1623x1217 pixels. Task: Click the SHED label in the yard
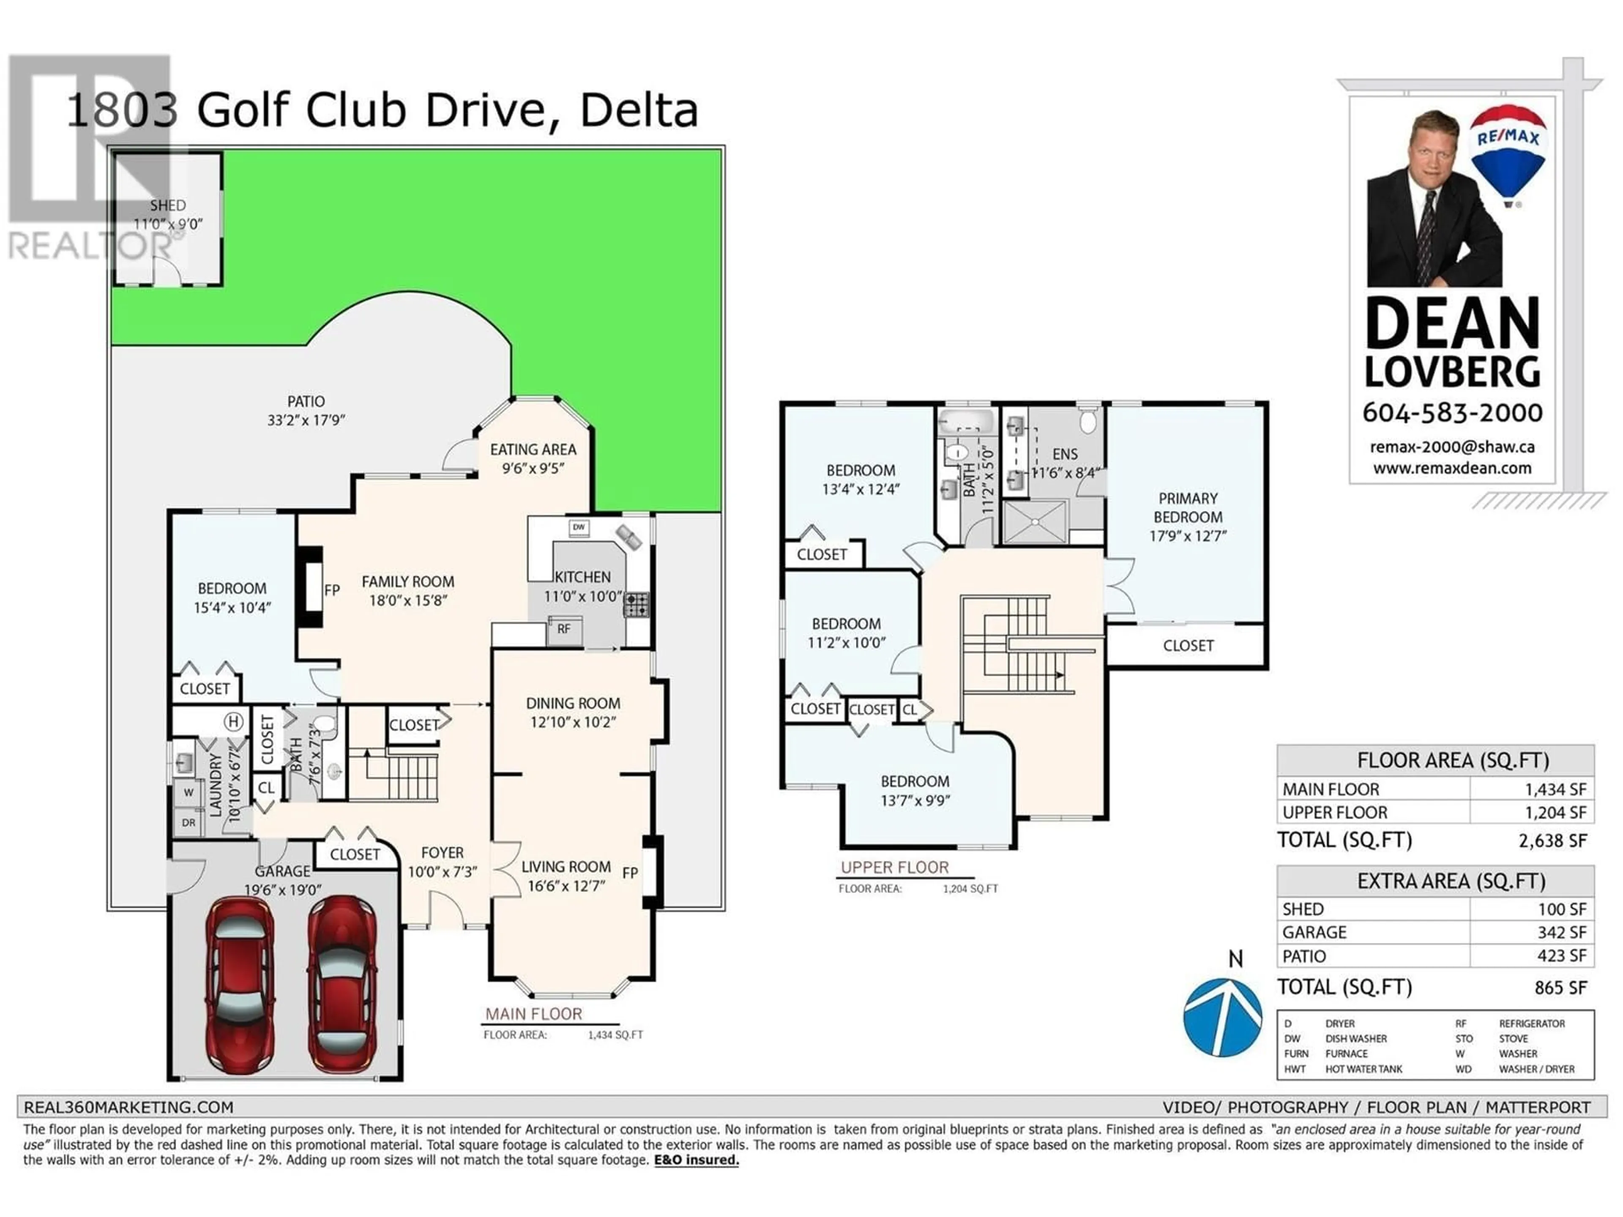coord(168,205)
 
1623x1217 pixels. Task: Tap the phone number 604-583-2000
coord(1452,413)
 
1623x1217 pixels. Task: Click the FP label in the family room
coord(332,590)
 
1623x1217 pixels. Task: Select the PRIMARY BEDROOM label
coord(1188,508)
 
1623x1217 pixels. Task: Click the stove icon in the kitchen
coord(636,604)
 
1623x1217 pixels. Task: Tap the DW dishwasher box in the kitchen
coord(579,527)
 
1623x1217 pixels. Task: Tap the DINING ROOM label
coord(573,703)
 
